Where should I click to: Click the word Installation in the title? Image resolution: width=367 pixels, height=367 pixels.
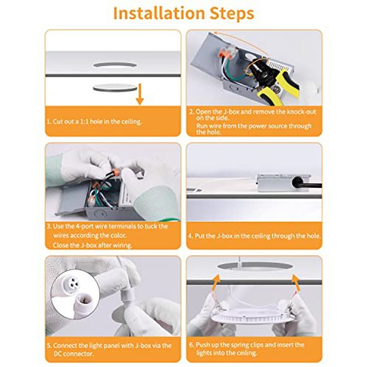pyautogui.click(x=159, y=13)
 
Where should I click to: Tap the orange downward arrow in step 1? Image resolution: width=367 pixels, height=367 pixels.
pyautogui.click(x=139, y=94)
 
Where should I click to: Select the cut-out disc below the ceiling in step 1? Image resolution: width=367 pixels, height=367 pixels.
pyautogui.click(x=115, y=87)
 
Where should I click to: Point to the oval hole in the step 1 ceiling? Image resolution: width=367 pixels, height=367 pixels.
pyautogui.click(x=115, y=65)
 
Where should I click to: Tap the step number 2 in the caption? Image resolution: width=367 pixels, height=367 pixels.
pyautogui.click(x=191, y=112)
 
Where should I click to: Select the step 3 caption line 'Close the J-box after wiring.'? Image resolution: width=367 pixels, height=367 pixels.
pyautogui.click(x=92, y=245)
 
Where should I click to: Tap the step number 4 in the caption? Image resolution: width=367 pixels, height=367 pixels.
pyautogui.click(x=190, y=236)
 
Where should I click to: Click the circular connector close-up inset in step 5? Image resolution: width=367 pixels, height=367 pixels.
pyautogui.click(x=76, y=294)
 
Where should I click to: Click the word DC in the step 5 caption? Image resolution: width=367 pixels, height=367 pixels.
pyautogui.click(x=58, y=354)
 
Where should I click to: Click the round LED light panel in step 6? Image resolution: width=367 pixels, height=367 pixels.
pyautogui.click(x=253, y=316)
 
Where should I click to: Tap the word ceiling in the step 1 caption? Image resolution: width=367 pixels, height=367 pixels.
pyautogui.click(x=131, y=122)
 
